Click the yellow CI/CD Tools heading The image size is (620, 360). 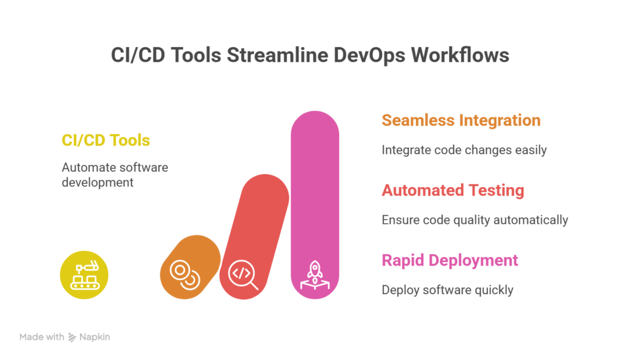(x=106, y=140)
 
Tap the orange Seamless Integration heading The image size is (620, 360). (x=461, y=120)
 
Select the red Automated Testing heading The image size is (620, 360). (x=453, y=191)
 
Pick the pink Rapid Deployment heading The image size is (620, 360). (x=450, y=260)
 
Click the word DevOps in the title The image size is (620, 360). (x=369, y=55)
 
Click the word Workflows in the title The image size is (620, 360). (x=460, y=55)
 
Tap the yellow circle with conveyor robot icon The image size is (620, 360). (x=84, y=275)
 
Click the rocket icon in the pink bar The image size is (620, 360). (x=315, y=275)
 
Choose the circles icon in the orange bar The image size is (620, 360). (x=185, y=275)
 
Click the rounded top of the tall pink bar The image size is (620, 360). (x=315, y=119)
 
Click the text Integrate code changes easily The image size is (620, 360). (x=464, y=150)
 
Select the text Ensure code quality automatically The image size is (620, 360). (x=475, y=220)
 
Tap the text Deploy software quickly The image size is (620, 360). (x=447, y=290)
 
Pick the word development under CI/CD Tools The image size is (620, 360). (x=97, y=183)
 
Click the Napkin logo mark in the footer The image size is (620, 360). (x=73, y=337)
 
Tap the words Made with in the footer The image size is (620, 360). (x=42, y=337)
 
